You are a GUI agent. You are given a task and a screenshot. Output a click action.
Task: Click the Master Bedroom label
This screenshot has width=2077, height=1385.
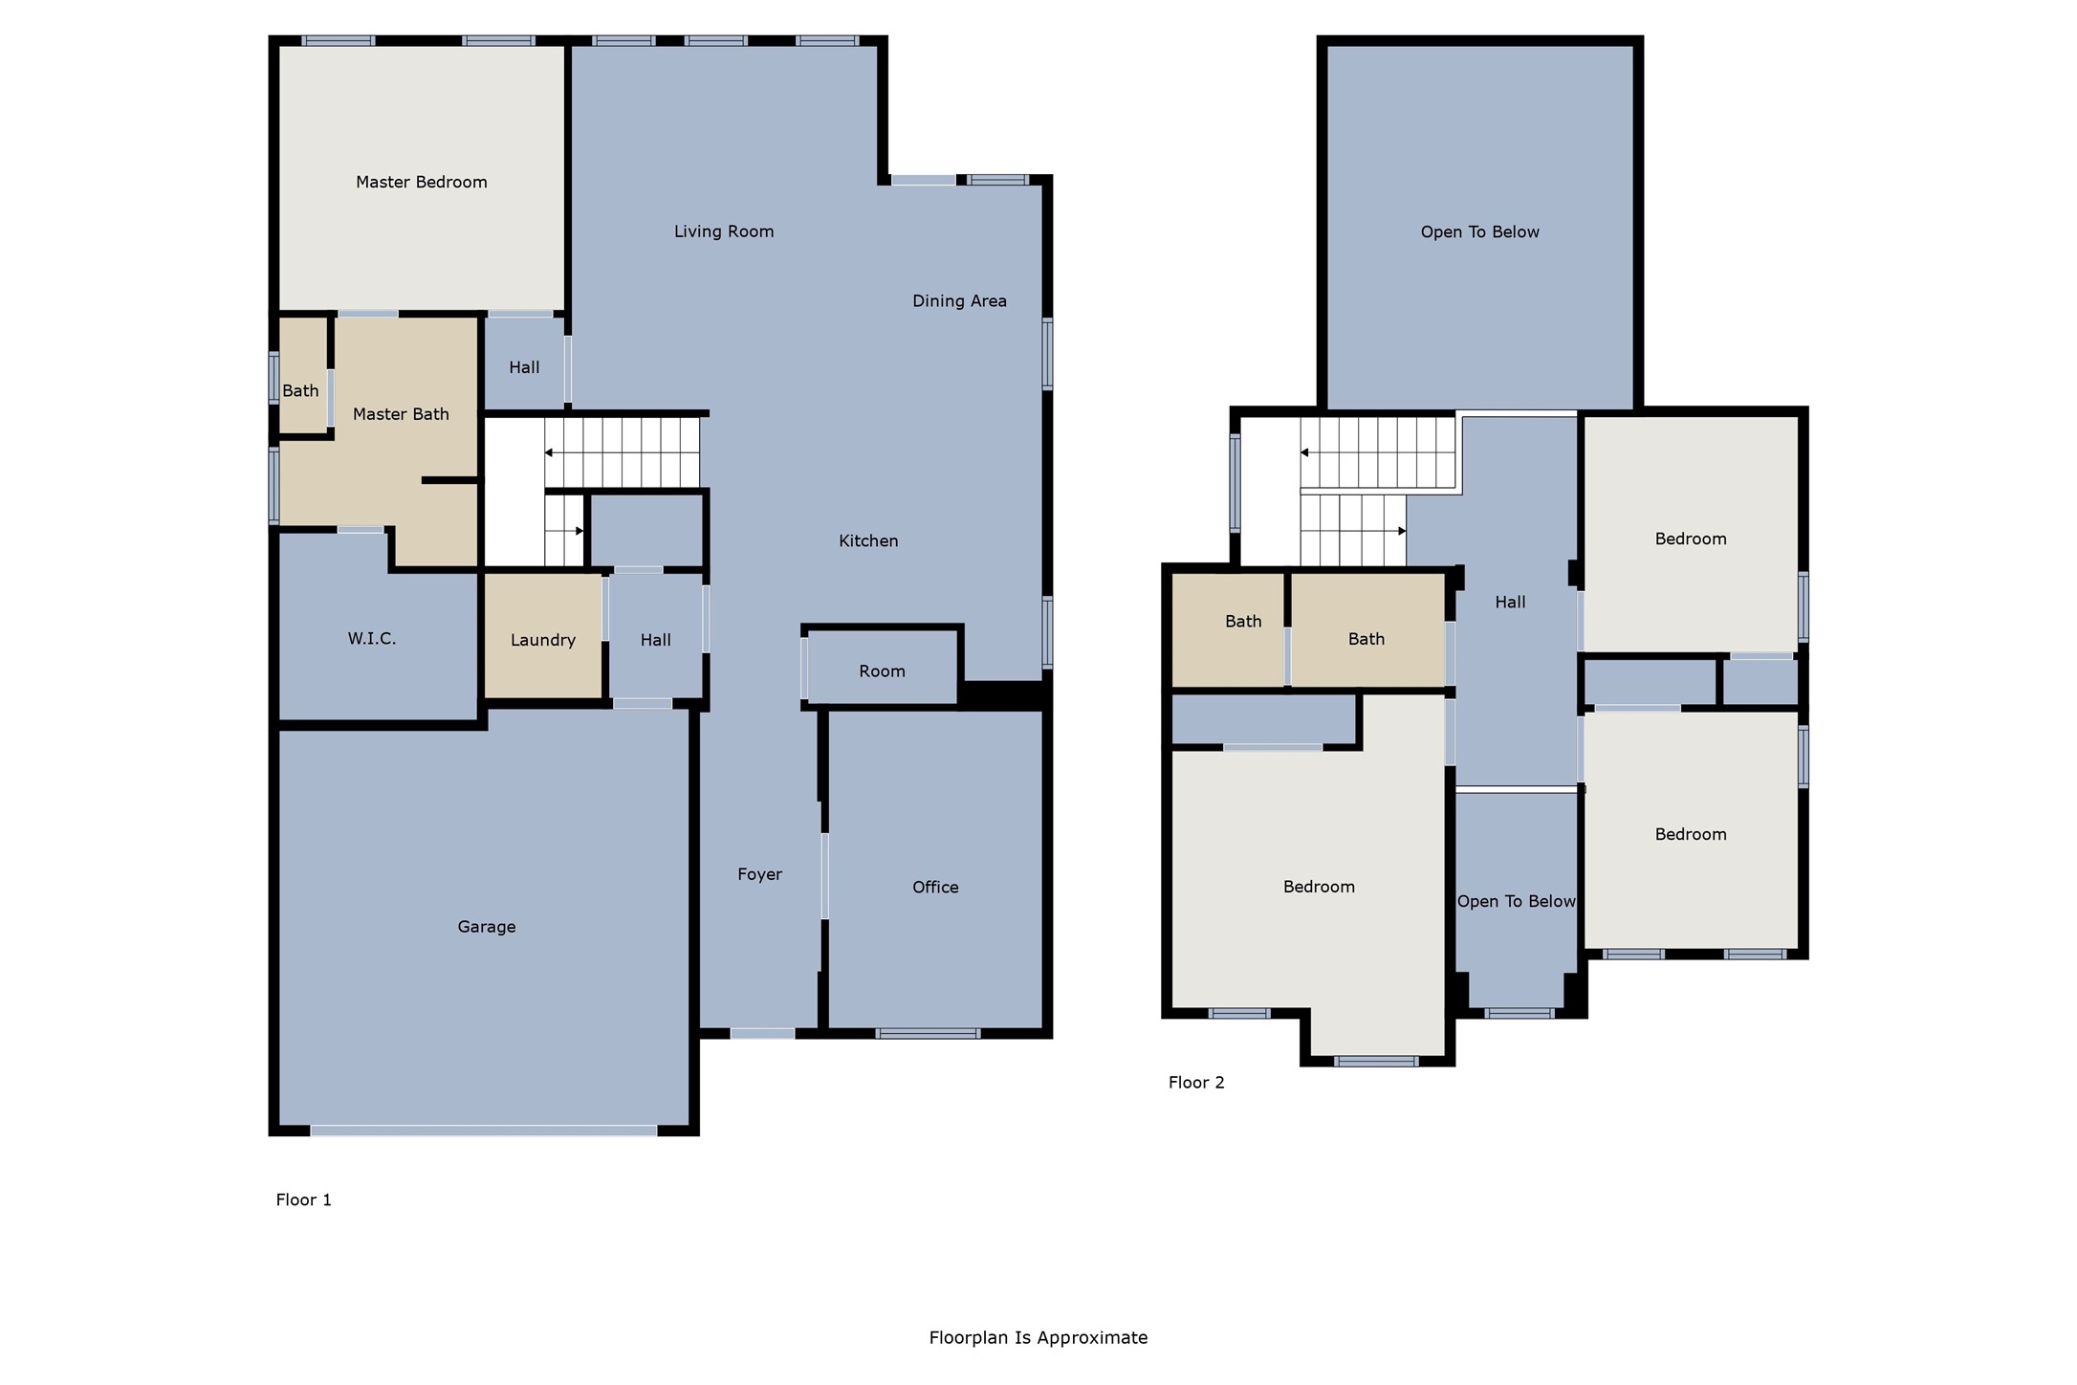click(x=421, y=182)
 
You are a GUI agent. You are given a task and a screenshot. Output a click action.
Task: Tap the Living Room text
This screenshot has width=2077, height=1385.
click(x=723, y=231)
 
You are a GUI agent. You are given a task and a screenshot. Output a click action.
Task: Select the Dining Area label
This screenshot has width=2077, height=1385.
click(x=958, y=301)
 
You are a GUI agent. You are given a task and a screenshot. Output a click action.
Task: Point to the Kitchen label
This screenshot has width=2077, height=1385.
click(x=867, y=541)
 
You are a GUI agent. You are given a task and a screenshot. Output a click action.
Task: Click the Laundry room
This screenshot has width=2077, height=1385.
click(x=542, y=640)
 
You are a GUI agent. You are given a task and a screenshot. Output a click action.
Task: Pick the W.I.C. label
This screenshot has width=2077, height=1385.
click(x=371, y=639)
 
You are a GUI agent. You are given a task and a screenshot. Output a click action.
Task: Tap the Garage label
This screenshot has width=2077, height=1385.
click(x=486, y=927)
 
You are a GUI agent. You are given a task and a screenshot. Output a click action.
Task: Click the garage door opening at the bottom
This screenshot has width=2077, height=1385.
click(x=483, y=1131)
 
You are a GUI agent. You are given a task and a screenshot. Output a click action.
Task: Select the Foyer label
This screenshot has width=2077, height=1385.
click(x=759, y=874)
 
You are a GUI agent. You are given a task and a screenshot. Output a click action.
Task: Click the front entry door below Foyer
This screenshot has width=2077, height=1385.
click(x=762, y=1033)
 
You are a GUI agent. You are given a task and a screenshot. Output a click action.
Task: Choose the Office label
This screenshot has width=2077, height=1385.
click(x=934, y=888)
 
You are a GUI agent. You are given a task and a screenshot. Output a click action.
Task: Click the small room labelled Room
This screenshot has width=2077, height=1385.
click(x=881, y=671)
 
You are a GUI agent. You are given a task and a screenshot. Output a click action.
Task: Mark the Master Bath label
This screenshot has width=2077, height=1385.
click(x=400, y=414)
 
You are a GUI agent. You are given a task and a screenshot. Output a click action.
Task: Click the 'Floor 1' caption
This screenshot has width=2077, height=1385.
click(x=303, y=1200)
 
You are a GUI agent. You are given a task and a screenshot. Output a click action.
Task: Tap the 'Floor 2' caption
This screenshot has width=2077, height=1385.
click(x=1195, y=1083)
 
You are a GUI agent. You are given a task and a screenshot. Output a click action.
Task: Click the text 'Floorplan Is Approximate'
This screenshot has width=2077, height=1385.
click(x=1038, y=1338)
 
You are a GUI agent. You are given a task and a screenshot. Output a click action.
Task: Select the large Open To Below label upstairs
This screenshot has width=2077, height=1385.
click(x=1478, y=232)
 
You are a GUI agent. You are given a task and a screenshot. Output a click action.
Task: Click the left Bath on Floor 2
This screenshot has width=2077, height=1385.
click(x=1242, y=622)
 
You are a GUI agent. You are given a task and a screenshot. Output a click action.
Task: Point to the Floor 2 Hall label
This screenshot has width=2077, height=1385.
click(x=1509, y=603)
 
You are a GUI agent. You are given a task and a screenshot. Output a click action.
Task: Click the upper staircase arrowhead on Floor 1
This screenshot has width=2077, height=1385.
click(x=549, y=452)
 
